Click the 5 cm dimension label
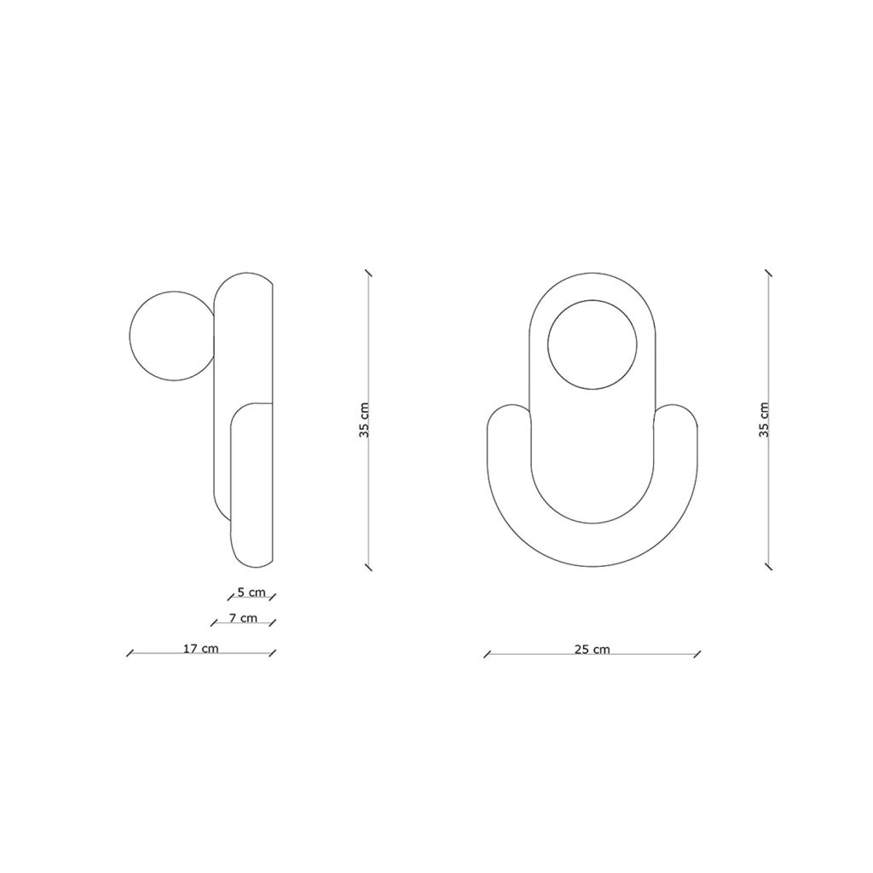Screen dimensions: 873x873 pos(251,592)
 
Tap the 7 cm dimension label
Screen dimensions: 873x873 pos(243,618)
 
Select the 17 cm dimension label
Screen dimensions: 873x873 pos(201,649)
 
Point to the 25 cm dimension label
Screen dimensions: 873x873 pos(593,649)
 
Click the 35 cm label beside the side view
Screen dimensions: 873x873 pos(364,419)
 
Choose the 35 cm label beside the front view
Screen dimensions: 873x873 pos(764,419)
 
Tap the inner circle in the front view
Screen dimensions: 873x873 pos(593,300)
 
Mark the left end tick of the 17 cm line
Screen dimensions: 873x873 pos(130,653)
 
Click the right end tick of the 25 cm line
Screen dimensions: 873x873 pos(697,654)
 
